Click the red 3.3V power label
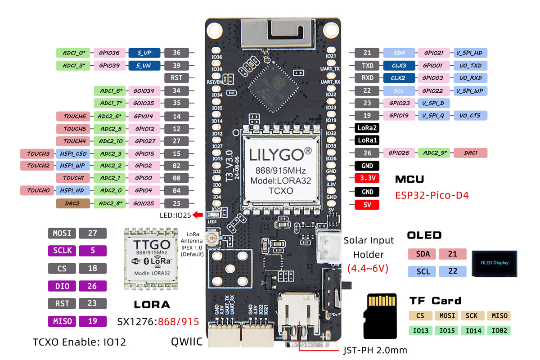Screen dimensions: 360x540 [x=367, y=178]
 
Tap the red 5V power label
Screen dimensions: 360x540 [x=367, y=205]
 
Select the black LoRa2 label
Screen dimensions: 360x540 [x=367, y=128]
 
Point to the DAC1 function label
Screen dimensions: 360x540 [x=470, y=153]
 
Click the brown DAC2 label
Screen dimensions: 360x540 [x=72, y=203]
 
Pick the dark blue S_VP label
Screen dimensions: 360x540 [x=144, y=53]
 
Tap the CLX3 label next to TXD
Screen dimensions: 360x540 [x=399, y=66]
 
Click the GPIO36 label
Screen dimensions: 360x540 [x=109, y=53]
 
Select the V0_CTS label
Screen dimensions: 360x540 [x=470, y=116]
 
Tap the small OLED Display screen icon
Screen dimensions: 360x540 [x=494, y=263]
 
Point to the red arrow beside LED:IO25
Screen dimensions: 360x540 [x=198, y=216]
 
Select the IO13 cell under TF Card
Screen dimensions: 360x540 [x=421, y=331]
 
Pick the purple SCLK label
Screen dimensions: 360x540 [x=62, y=251]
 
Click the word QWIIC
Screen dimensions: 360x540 [x=187, y=342]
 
